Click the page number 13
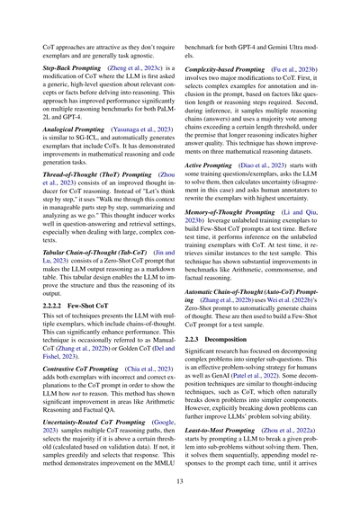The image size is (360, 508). [x=180, y=483]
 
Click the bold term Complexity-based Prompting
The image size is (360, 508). [x=236, y=68]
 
